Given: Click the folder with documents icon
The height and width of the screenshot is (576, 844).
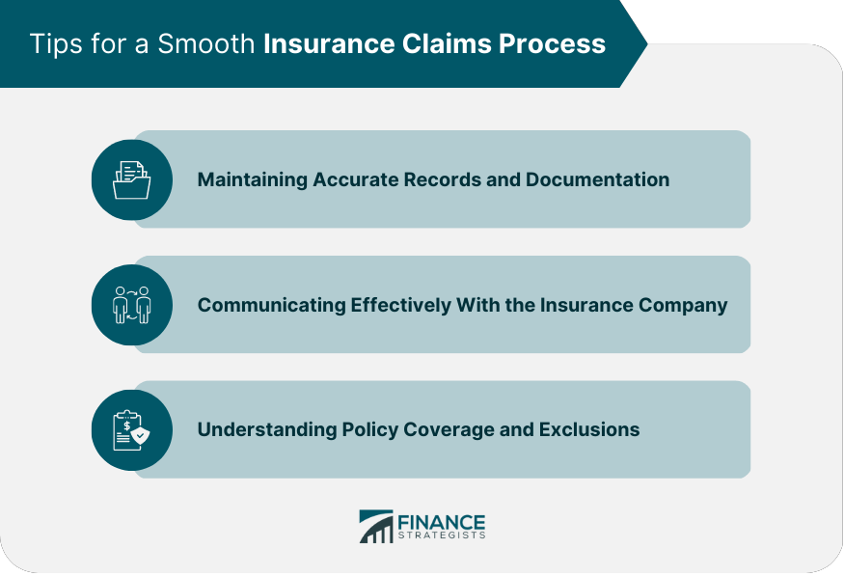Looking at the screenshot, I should click(131, 179).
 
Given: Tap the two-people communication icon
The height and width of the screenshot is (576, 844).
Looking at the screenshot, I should click(131, 305).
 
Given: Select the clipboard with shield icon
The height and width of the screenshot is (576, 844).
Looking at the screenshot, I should click(131, 429).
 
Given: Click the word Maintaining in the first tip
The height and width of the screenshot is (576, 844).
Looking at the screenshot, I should click(252, 179).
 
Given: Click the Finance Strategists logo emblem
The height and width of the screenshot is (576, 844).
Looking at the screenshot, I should click(375, 527).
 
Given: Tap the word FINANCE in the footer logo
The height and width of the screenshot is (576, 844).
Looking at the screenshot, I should click(442, 521).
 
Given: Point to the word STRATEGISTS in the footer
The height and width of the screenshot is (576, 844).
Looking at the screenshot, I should click(442, 535).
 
